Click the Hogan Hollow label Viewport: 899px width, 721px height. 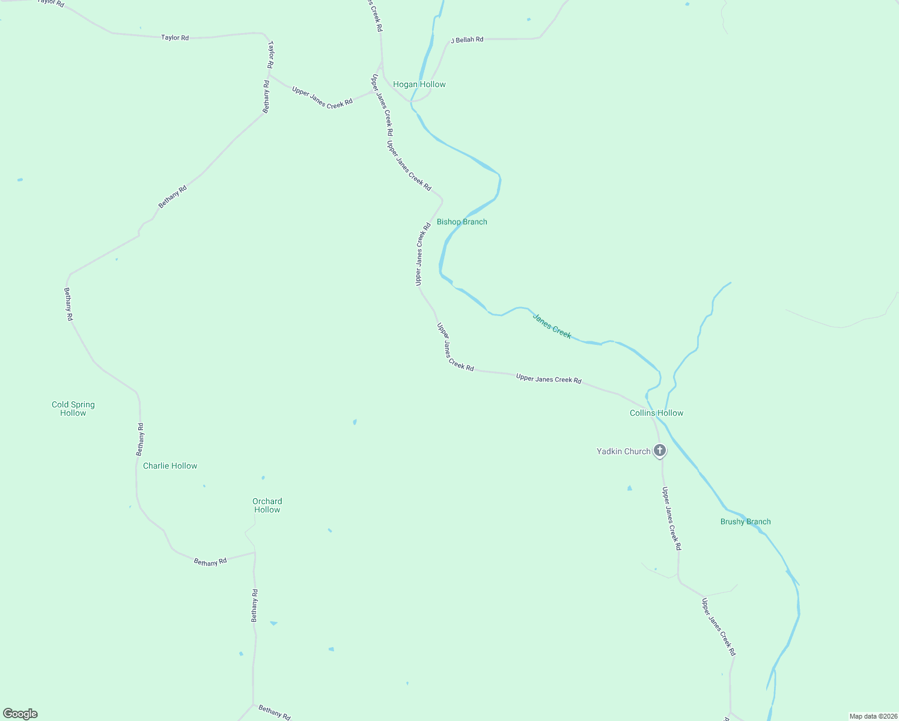(x=419, y=85)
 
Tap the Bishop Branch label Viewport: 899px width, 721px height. (x=462, y=222)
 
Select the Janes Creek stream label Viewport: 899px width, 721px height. (x=552, y=326)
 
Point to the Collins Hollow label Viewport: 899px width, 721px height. (x=656, y=413)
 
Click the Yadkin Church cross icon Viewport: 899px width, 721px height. (x=660, y=450)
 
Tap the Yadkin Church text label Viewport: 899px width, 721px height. (x=623, y=452)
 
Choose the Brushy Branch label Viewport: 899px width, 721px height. (x=745, y=522)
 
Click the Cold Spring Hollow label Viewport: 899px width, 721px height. (x=73, y=409)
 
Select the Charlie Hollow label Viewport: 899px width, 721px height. (x=170, y=466)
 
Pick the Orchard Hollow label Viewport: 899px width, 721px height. (x=267, y=506)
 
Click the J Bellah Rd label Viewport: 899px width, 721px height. (x=467, y=40)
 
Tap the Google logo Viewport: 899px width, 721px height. (x=20, y=714)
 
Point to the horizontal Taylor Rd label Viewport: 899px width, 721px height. (x=175, y=38)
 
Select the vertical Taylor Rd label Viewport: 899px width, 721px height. (x=271, y=54)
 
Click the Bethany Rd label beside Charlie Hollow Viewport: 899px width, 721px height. (x=140, y=439)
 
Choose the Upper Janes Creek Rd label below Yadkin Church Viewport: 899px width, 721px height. (x=671, y=519)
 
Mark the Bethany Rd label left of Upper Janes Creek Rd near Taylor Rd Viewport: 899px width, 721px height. (x=266, y=97)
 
